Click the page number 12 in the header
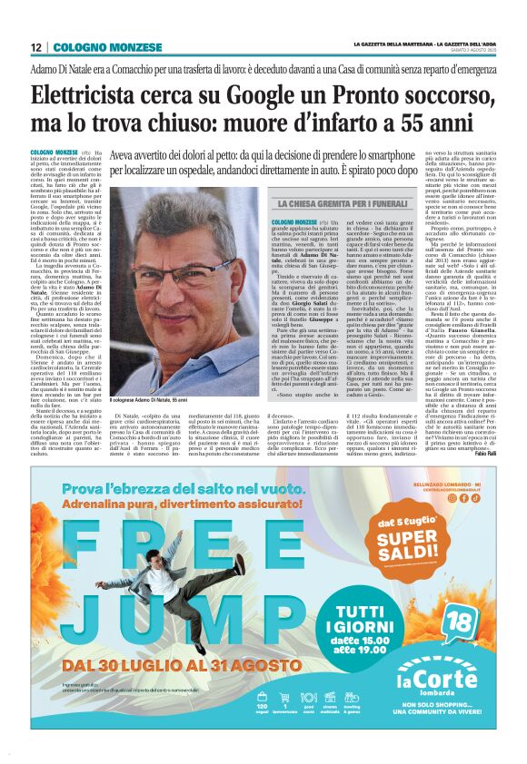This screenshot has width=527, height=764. coord(36,47)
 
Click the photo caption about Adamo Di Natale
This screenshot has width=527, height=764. coord(158,400)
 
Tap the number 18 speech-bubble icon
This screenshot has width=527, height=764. coord(458,622)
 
